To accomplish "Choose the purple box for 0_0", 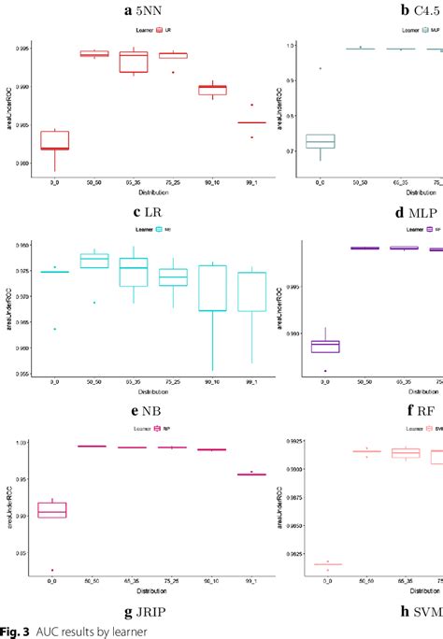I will coord(325,346).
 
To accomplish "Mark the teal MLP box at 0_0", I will coord(322,141).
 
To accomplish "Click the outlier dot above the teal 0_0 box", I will coord(321,68).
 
